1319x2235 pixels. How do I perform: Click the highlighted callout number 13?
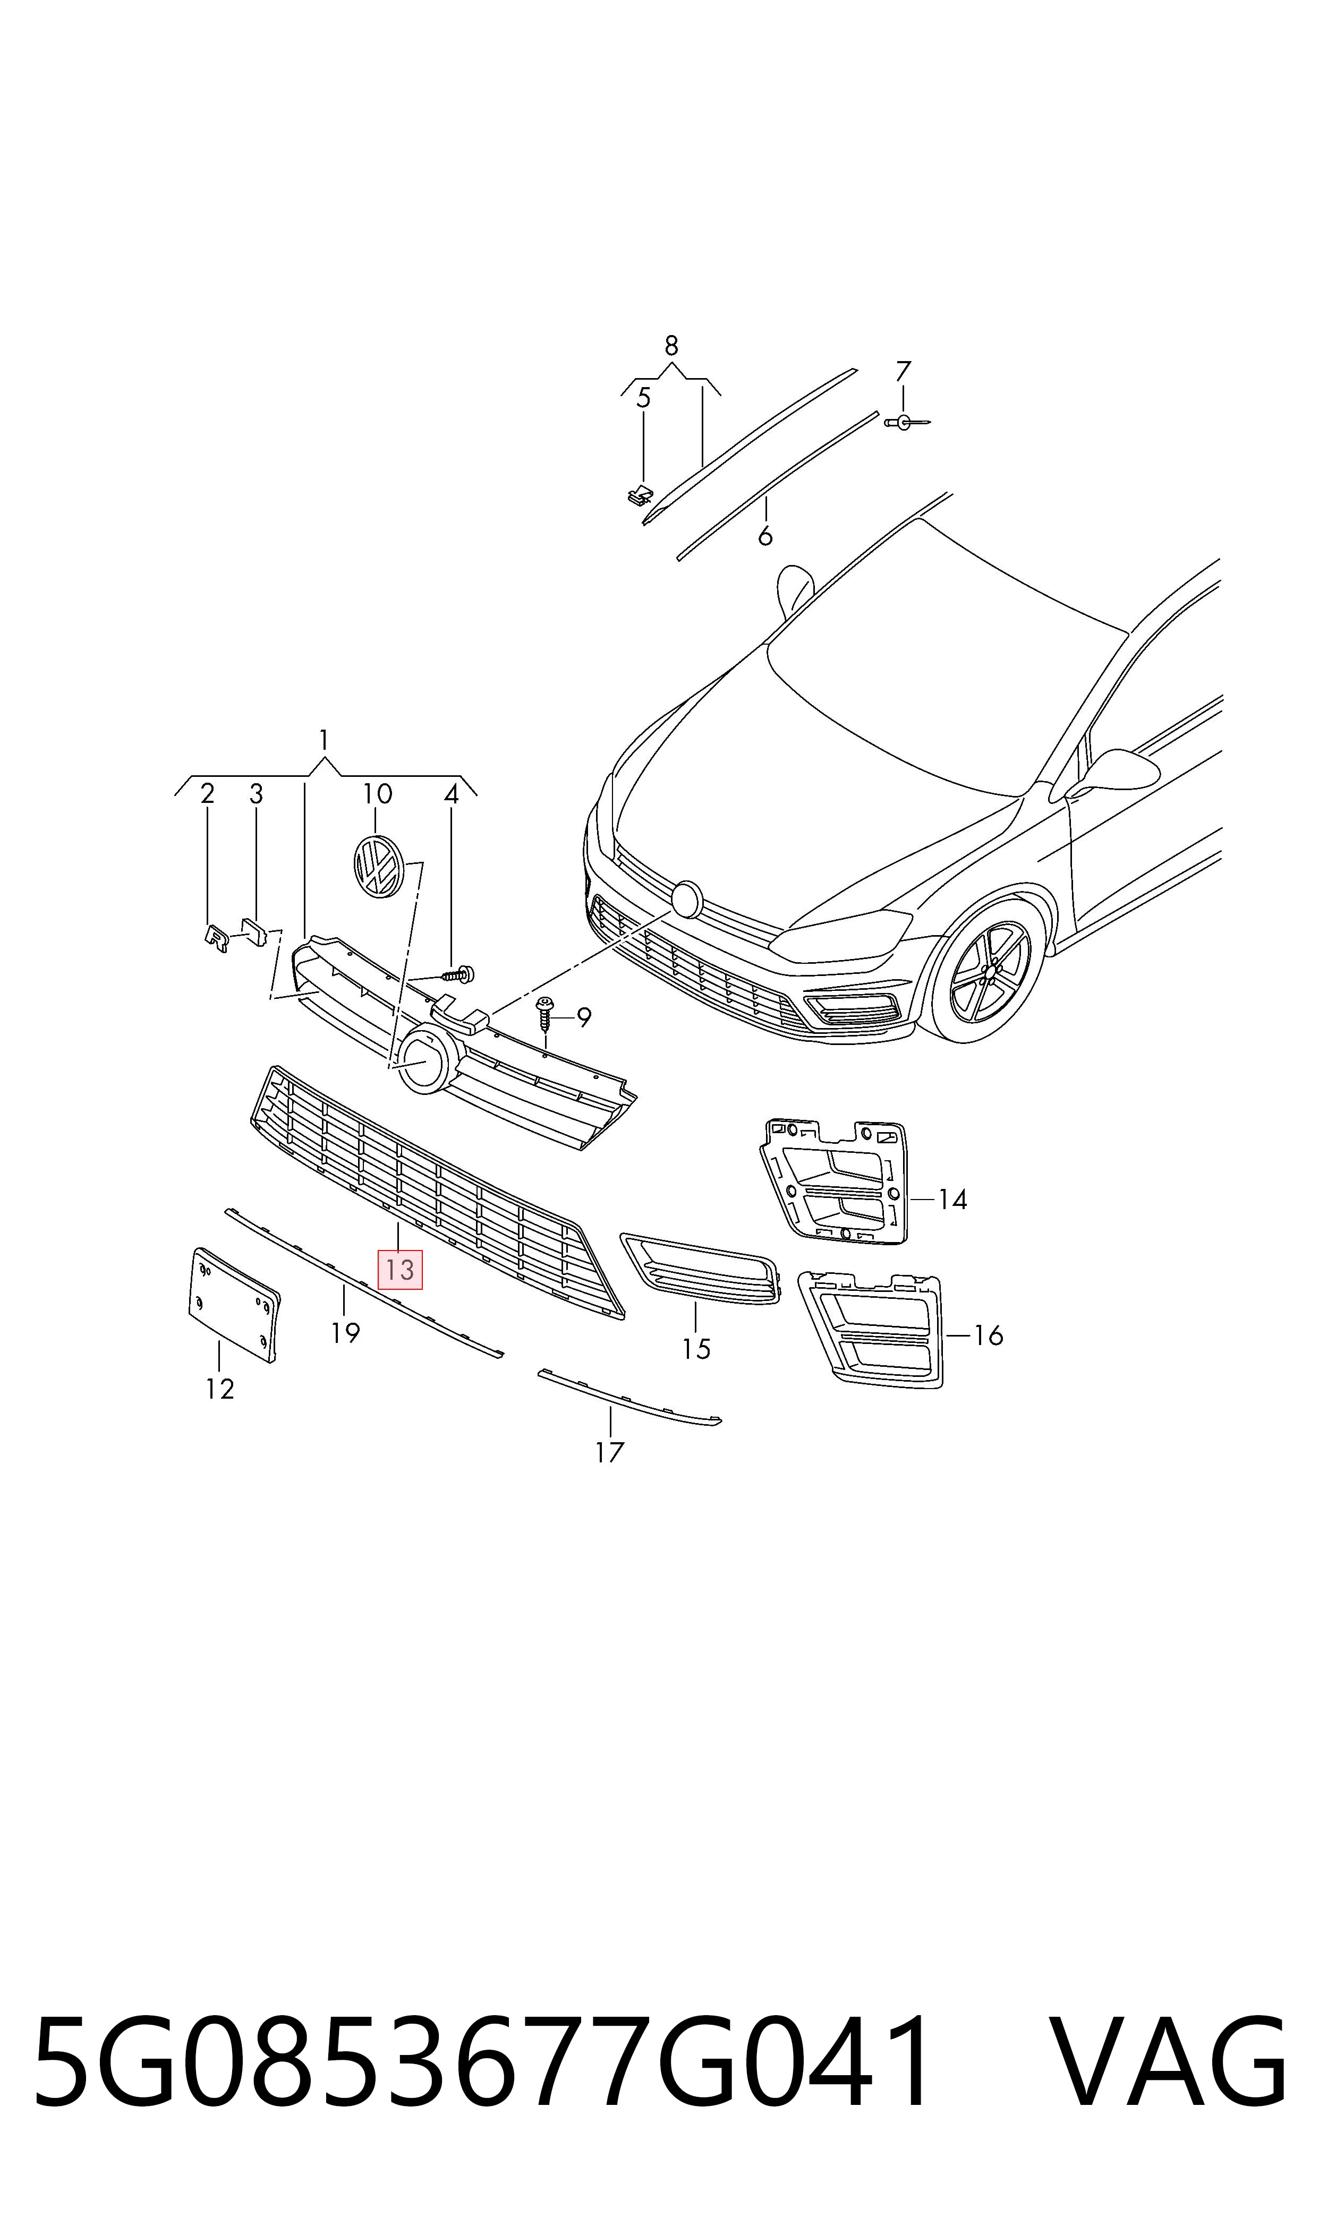400,1270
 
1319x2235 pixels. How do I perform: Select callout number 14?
952,1199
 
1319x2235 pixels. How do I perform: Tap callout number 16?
988,1335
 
